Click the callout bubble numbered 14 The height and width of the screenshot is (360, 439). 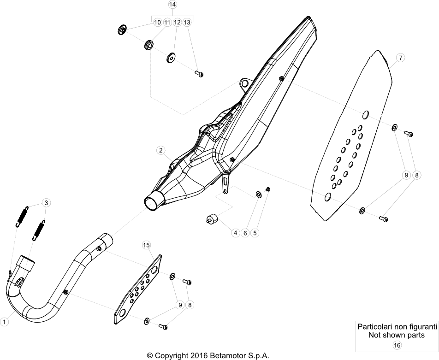tap(173, 5)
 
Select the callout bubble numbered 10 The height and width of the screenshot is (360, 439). tap(158, 22)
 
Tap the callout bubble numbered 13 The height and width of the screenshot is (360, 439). tap(187, 22)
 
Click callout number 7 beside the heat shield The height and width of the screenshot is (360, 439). tap(401, 58)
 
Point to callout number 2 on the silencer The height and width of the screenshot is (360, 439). tap(160, 150)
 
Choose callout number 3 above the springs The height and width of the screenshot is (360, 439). tap(47, 202)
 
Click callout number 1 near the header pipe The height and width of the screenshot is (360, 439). tap(5, 322)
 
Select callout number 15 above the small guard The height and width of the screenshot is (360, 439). tap(147, 245)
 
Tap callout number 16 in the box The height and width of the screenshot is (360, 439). tap(397, 345)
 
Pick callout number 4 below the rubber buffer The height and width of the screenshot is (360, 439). tap(236, 233)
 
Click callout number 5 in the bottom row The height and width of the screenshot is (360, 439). tap(255, 233)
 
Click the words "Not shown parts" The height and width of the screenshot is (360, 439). tap(396, 335)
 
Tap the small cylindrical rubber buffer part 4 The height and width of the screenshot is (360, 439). tap(213, 218)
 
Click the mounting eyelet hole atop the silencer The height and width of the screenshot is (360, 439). tap(245, 83)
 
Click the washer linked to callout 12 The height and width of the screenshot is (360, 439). tap(170, 58)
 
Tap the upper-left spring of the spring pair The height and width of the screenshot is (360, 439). tap(22, 216)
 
